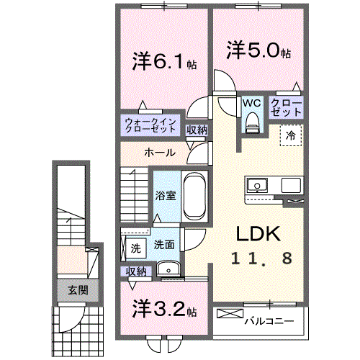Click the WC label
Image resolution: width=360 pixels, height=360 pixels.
click(x=251, y=103)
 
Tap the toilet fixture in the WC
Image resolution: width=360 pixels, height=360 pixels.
click(x=251, y=125)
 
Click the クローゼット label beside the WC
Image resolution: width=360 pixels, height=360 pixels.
click(x=287, y=108)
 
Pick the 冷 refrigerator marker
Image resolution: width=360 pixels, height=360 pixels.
click(x=292, y=135)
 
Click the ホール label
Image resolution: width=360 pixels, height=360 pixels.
click(x=158, y=153)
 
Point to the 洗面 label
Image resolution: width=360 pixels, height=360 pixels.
click(x=163, y=245)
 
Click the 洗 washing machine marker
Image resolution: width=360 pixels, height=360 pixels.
click(x=135, y=248)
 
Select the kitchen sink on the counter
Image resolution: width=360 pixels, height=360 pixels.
click(x=257, y=186)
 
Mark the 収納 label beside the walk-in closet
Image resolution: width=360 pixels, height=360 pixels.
click(x=197, y=130)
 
